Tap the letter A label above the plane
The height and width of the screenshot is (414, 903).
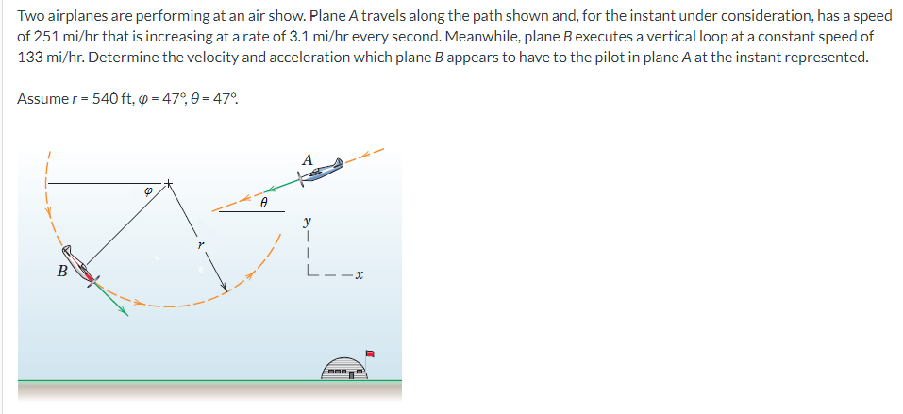(307, 159)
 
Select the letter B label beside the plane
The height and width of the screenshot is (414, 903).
(62, 272)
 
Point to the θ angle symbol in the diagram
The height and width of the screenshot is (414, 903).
(265, 202)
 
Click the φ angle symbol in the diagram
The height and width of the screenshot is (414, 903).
(146, 189)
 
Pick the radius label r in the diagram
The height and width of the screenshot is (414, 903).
(200, 244)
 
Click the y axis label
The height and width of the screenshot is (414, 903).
(306, 223)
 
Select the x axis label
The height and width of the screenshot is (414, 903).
(360, 275)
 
